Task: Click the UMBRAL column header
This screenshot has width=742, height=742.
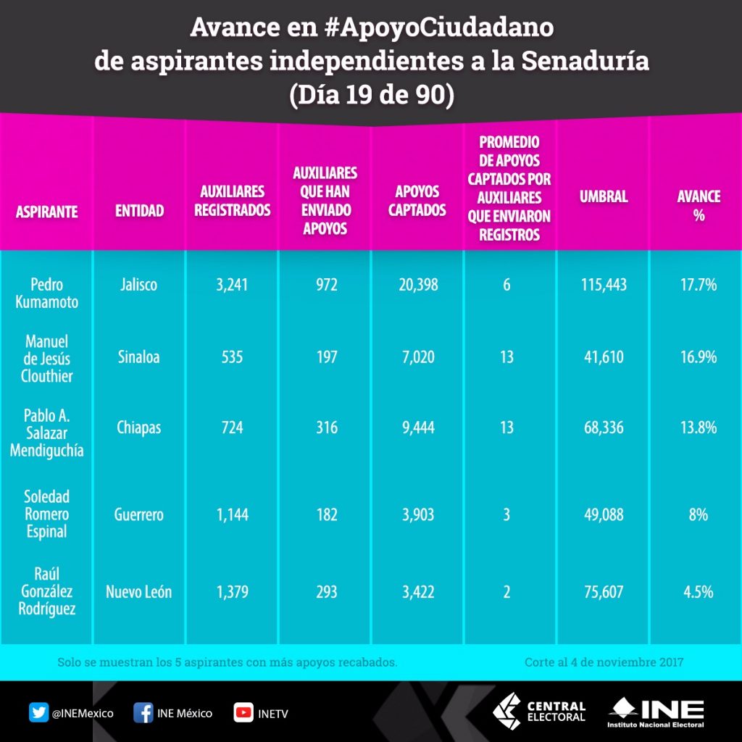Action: [x=603, y=196]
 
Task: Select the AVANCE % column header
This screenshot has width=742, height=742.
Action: [x=699, y=206]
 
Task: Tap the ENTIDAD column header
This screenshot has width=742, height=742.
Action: [x=139, y=211]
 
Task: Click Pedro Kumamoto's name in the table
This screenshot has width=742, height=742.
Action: [x=46, y=293]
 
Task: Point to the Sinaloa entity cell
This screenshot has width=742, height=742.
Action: [x=138, y=357]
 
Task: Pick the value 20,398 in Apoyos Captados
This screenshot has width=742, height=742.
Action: [x=417, y=285]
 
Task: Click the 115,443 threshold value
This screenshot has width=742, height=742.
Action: [x=603, y=285]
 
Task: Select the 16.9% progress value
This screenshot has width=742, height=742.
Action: [x=699, y=357]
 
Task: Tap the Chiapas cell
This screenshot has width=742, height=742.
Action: [x=139, y=428]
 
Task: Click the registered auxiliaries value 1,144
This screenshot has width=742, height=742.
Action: [x=232, y=514]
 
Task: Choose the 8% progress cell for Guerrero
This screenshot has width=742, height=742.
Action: [x=699, y=514]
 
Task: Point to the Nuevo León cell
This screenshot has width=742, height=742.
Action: [x=139, y=592]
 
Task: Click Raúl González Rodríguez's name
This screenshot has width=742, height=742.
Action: [x=46, y=592]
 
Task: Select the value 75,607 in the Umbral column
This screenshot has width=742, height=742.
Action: [x=603, y=592]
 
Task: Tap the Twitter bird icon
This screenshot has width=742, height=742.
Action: [x=38, y=712]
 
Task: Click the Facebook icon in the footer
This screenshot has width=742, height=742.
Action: [x=143, y=712]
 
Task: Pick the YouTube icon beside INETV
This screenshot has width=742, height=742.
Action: [x=243, y=712]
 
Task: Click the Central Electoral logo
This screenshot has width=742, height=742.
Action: [x=539, y=712]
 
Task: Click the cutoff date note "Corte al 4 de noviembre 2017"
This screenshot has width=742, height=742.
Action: [x=604, y=662]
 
